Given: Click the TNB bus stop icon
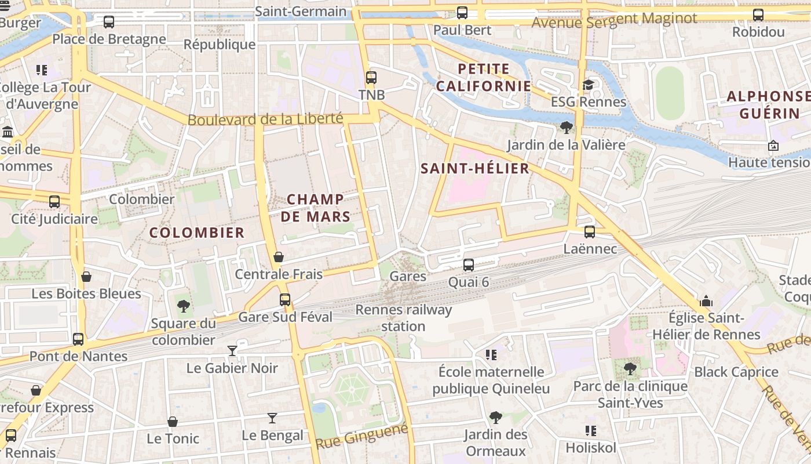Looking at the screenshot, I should coord(371,77).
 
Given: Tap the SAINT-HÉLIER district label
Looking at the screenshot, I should coord(474,169).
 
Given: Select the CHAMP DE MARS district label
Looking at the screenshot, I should coord(319,208).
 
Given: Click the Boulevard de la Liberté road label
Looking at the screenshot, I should coord(265,119).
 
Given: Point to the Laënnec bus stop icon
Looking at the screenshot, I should coord(590,232).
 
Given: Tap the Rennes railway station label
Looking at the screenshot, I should coord(403,318).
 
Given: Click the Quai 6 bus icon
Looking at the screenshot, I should coord(469,265).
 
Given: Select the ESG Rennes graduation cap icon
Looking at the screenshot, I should coord(589,85).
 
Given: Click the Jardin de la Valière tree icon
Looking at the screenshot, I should coord(567,128).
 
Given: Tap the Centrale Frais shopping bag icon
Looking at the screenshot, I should coord(279,257).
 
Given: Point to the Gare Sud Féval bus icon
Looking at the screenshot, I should coord(285,300).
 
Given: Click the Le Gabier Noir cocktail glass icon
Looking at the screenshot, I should coord(232,350).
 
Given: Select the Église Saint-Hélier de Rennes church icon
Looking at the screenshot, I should coord(706,301).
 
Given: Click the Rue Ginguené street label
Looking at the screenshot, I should coord(361,436).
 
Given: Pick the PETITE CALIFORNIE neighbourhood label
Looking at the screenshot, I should coord(483,78).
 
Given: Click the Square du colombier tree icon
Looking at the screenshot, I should coord(184,306).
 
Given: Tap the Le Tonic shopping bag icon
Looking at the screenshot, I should coord(173,422).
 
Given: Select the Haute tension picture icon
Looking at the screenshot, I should coord(773,146).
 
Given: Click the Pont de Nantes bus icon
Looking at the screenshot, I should coord(78,339).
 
